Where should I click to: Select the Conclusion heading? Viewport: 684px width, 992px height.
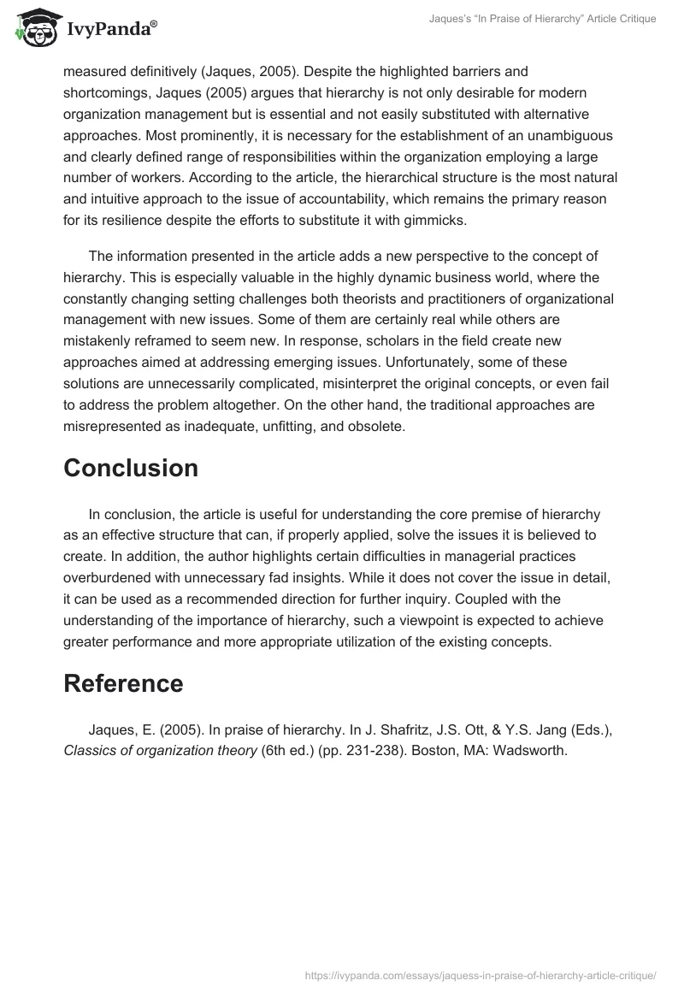[x=131, y=468]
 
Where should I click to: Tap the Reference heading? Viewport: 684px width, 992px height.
[x=123, y=683]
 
